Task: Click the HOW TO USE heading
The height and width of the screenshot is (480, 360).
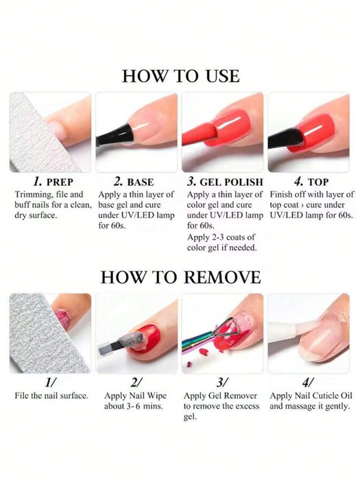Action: tap(180, 76)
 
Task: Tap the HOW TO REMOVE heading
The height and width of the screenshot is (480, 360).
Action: tap(180, 277)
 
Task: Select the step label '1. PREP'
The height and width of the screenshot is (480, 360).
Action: tap(53, 182)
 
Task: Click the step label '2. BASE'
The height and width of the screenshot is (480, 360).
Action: tap(134, 182)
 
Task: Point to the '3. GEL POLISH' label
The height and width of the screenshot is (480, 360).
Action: tap(225, 182)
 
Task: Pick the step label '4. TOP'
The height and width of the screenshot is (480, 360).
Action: tap(311, 182)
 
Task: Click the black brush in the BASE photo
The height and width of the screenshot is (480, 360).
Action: tap(115, 136)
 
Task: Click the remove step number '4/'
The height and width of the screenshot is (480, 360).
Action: tap(308, 383)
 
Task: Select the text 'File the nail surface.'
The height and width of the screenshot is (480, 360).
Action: tap(51, 396)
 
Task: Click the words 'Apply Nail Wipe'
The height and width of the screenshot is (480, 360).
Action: tap(135, 396)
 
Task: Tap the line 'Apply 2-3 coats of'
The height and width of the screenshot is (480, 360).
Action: tap(221, 237)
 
